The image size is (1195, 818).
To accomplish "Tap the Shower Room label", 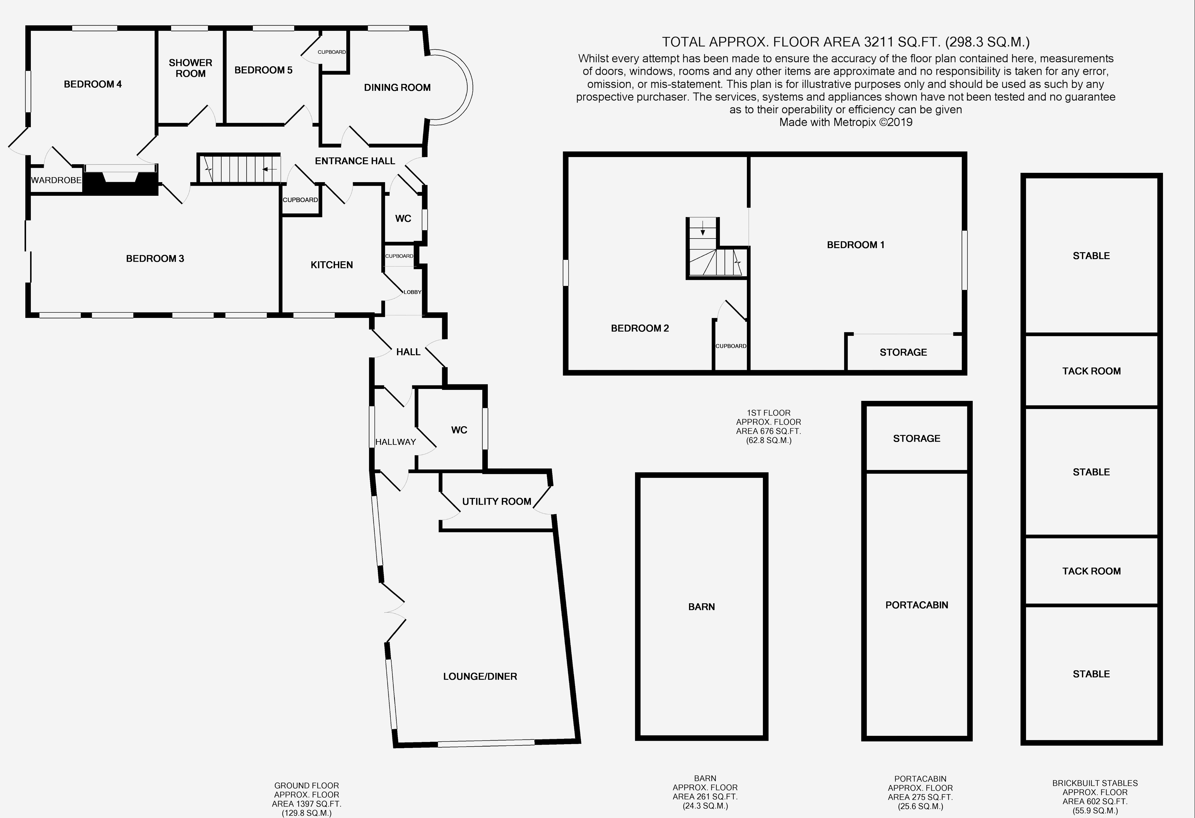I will pos(190,68).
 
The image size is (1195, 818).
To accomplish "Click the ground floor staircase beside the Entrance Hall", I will pos(239,169).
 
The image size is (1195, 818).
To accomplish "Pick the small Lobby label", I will pos(412,292).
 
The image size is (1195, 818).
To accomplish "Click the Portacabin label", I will pos(916,605).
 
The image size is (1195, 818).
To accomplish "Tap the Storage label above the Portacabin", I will pos(916,439).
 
